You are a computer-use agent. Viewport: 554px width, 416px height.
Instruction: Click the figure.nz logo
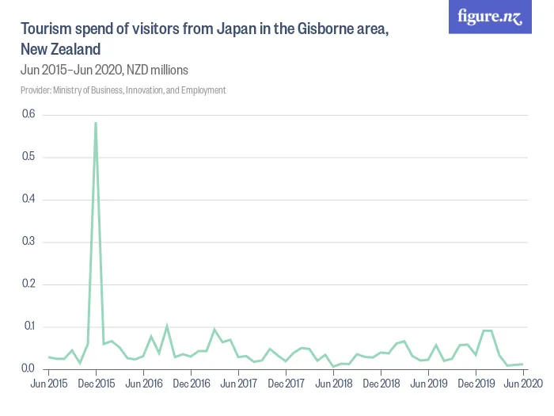491,17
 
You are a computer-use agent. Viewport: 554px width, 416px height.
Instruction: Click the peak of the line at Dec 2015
96,123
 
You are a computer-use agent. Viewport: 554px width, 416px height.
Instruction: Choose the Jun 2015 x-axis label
48,384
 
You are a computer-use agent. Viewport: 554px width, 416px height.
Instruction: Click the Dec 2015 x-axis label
96,384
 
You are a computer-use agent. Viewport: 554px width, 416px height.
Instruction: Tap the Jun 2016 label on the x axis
143,384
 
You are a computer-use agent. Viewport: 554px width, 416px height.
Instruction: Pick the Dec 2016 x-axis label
191,384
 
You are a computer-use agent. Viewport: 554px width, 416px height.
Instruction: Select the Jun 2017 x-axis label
238,384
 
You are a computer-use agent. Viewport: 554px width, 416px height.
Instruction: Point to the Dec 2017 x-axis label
286,384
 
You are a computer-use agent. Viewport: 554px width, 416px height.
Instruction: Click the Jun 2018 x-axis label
333,384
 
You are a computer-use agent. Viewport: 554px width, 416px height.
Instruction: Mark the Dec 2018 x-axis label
381,384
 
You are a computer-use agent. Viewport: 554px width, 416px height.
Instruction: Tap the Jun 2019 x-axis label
428,384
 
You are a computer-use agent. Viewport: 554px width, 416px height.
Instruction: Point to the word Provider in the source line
37,90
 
